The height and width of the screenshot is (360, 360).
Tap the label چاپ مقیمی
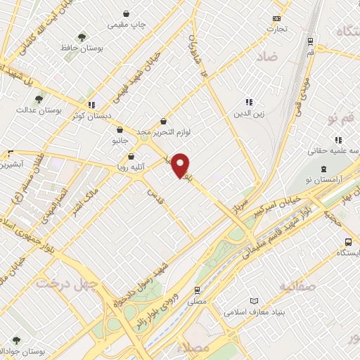(x=127, y=25)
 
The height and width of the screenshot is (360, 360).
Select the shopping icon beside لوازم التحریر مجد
(x=164, y=121)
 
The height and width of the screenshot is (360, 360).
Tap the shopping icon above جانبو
(x=119, y=130)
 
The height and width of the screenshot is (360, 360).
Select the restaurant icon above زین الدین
(x=247, y=101)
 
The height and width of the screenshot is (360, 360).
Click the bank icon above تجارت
(x=276, y=18)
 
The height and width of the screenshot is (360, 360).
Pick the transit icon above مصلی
(x=197, y=288)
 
